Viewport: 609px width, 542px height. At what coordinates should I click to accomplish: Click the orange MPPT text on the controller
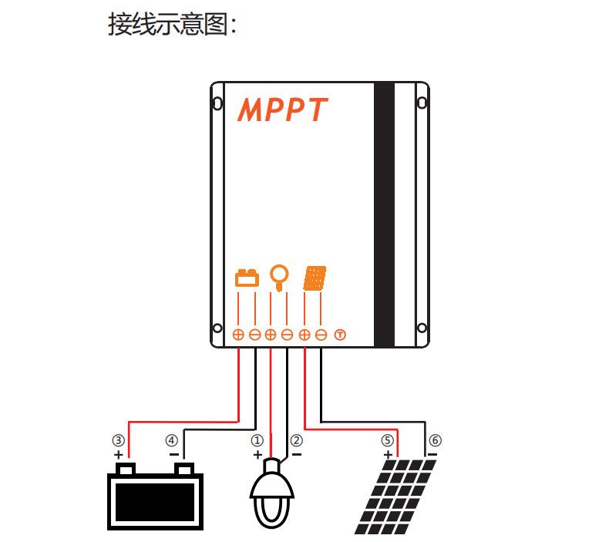coord(282,109)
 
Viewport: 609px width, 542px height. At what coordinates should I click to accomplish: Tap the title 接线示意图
coord(167,25)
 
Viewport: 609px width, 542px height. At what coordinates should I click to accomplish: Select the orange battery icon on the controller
coord(247,278)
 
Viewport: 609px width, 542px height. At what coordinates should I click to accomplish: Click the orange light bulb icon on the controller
coord(279,278)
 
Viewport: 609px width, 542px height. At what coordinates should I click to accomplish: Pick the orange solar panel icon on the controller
coord(315,278)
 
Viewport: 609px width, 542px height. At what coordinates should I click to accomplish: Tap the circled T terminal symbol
coord(340,335)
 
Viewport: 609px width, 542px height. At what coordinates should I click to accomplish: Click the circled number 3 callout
coord(119,440)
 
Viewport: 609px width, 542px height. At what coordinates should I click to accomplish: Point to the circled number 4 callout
coord(172,440)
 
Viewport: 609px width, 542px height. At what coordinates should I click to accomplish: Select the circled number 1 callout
coord(257,440)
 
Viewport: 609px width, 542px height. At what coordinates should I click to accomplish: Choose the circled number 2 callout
coord(296,440)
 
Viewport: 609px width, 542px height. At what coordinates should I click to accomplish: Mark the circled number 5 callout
coord(387,440)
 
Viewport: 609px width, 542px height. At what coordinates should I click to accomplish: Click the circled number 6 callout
coord(435,440)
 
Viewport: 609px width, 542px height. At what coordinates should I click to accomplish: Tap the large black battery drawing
coord(156,497)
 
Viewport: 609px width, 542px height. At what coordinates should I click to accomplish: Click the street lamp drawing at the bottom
coord(271,493)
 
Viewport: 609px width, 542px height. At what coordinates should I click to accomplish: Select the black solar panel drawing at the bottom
coord(395,497)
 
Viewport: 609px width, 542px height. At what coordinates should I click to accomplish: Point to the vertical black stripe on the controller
coord(384,214)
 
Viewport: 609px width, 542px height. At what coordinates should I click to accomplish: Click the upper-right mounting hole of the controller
coord(422,103)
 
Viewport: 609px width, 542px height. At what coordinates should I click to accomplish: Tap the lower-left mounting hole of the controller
coord(217,328)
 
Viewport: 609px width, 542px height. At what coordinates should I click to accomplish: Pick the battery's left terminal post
coord(126,469)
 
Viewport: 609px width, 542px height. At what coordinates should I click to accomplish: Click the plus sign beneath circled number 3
coord(119,455)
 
